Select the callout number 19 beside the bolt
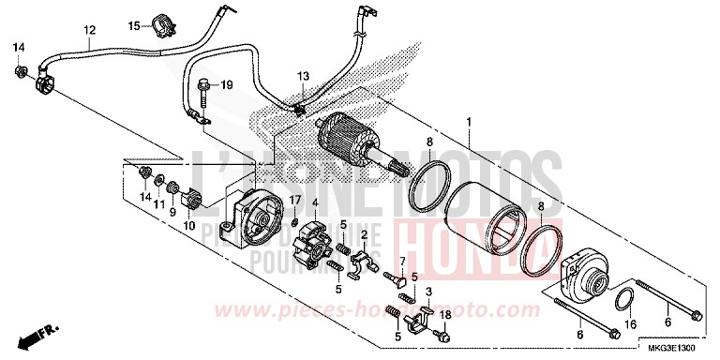(x=226, y=85)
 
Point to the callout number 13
(x=303, y=75)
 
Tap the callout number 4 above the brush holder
(x=316, y=202)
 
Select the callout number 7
(x=402, y=233)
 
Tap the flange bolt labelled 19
(x=203, y=88)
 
